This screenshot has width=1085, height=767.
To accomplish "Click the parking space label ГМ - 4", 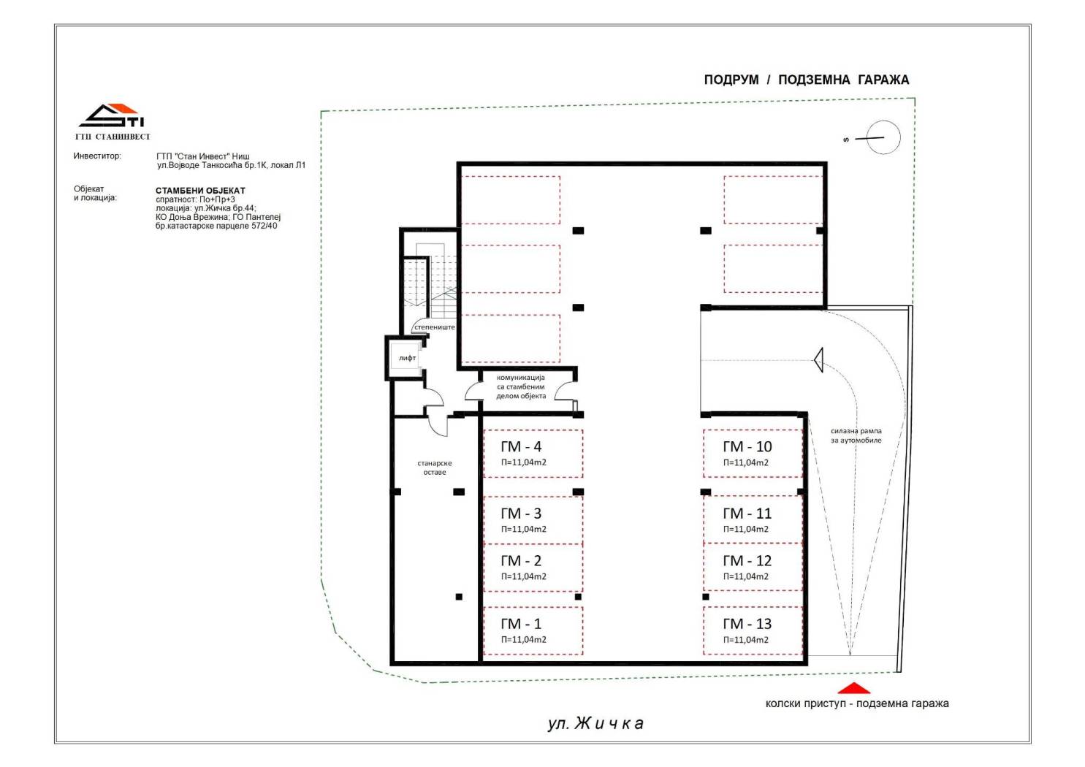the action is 521,446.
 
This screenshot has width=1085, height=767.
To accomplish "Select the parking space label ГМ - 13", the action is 747,624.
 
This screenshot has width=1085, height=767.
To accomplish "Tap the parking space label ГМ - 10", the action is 747,446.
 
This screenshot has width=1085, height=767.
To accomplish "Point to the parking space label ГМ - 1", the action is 521,624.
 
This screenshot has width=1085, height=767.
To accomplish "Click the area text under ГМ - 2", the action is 524,576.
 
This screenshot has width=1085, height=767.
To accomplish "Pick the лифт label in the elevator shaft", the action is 408,359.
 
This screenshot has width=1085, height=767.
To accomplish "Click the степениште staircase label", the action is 435,327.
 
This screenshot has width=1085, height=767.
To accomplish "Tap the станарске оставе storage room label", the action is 435,468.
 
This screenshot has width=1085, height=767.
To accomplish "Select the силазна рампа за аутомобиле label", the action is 856,436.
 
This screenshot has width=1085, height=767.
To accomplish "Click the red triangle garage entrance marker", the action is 854,688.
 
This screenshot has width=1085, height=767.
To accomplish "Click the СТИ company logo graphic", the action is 112,116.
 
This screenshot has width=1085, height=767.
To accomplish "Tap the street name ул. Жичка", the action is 595,723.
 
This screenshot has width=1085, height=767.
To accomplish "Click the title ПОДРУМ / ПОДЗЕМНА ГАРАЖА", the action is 807,80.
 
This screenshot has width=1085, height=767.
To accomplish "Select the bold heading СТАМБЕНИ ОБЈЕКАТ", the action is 200,191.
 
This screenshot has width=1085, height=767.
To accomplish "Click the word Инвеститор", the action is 97,156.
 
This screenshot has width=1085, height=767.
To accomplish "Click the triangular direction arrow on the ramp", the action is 818,360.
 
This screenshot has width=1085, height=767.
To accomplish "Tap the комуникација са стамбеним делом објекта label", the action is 521,387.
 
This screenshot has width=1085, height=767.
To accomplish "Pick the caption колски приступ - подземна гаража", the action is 857,703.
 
